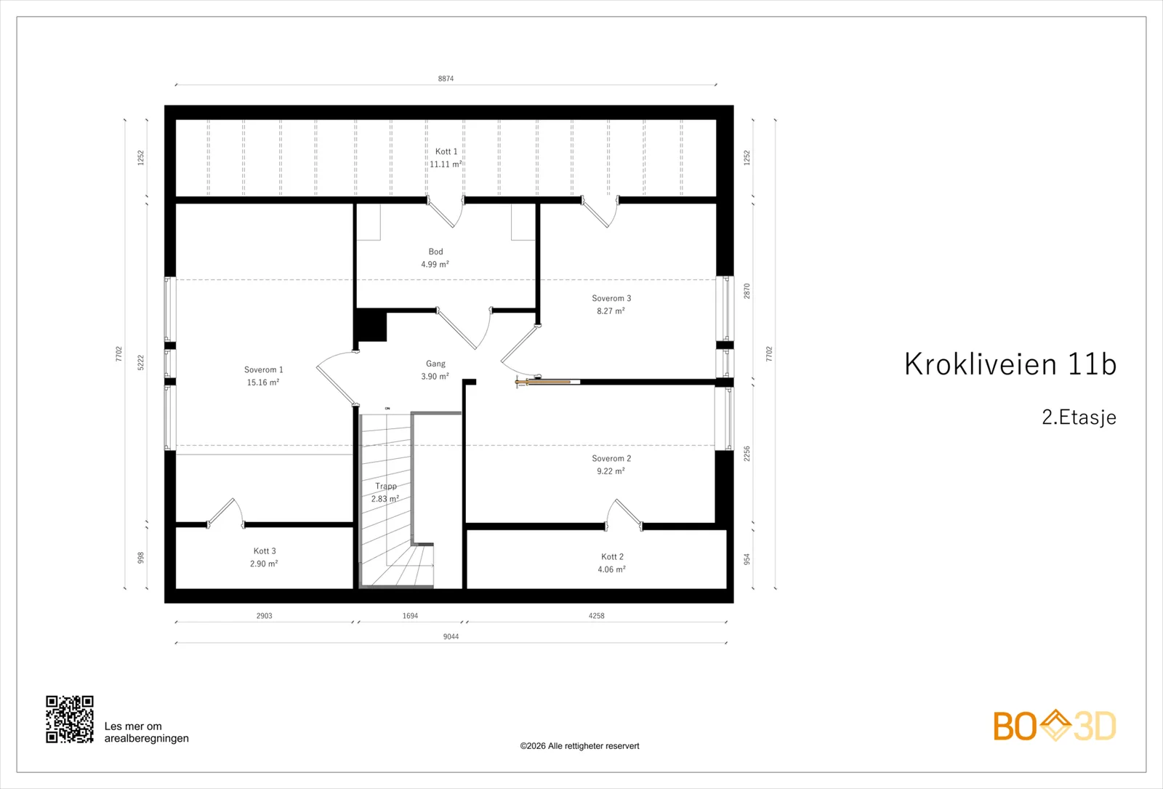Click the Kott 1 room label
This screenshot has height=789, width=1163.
(446, 152)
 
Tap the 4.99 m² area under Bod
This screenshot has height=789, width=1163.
(435, 265)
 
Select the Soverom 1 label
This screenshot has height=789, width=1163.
(264, 370)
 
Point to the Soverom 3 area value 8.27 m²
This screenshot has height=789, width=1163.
(611, 311)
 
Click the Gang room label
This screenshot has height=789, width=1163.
(435, 364)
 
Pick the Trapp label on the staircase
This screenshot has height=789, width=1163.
(386, 486)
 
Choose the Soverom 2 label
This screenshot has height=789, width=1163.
(611, 459)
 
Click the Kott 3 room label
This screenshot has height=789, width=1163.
(265, 551)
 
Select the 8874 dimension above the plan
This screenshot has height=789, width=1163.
(446, 79)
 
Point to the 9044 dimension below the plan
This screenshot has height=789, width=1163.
(451, 637)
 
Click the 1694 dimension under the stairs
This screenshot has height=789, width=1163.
(410, 616)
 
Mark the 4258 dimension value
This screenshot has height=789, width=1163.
(597, 616)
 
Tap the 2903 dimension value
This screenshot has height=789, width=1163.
(265, 616)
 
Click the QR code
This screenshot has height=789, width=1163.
(70, 719)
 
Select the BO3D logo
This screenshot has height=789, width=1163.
(1055, 726)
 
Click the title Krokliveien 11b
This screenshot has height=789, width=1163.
(1010, 364)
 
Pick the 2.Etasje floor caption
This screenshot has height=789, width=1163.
(1079, 417)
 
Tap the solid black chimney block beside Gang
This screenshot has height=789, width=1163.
(371, 326)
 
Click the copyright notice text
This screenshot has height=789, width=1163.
(579, 746)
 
